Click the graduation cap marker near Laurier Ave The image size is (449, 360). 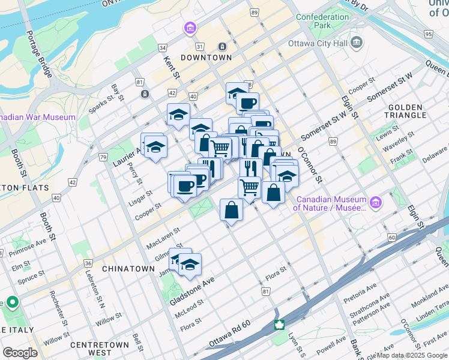click(155, 147)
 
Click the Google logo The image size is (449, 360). click(20, 353)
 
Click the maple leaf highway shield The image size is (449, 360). click(279, 325)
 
